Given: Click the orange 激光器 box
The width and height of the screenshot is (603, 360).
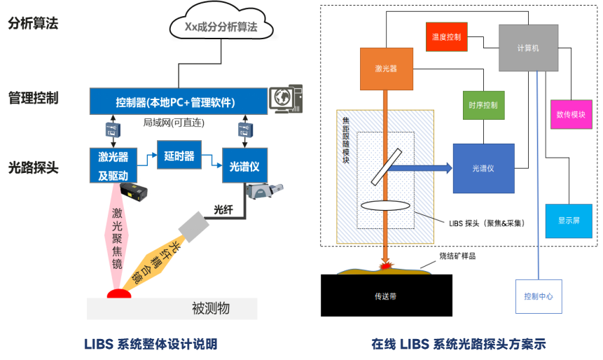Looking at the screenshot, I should coord(386,69).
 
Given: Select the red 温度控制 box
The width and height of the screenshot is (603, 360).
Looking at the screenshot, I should coord(446,36).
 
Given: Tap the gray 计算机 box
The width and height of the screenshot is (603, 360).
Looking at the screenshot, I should coord(529,48).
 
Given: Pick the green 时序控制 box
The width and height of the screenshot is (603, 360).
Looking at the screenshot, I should coord(483,105).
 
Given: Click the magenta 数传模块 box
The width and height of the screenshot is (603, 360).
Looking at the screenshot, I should coord(571,114).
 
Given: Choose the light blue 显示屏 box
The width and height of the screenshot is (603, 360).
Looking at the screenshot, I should coord(568,221).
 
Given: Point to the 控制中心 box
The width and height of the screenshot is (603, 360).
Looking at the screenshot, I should coord(539,296).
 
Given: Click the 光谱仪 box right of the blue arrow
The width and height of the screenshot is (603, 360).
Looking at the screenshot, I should coord(483,168).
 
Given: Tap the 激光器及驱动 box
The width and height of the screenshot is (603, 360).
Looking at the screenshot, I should coord(113,165).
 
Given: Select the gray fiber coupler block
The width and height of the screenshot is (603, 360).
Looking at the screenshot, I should coord(191,226).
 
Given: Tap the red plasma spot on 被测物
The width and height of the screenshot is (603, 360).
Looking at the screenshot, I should coord(119,293).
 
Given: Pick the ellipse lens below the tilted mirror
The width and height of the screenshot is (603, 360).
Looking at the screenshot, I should coord(382,206).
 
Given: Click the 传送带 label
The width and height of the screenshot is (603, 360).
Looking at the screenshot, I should coord(386,296).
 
